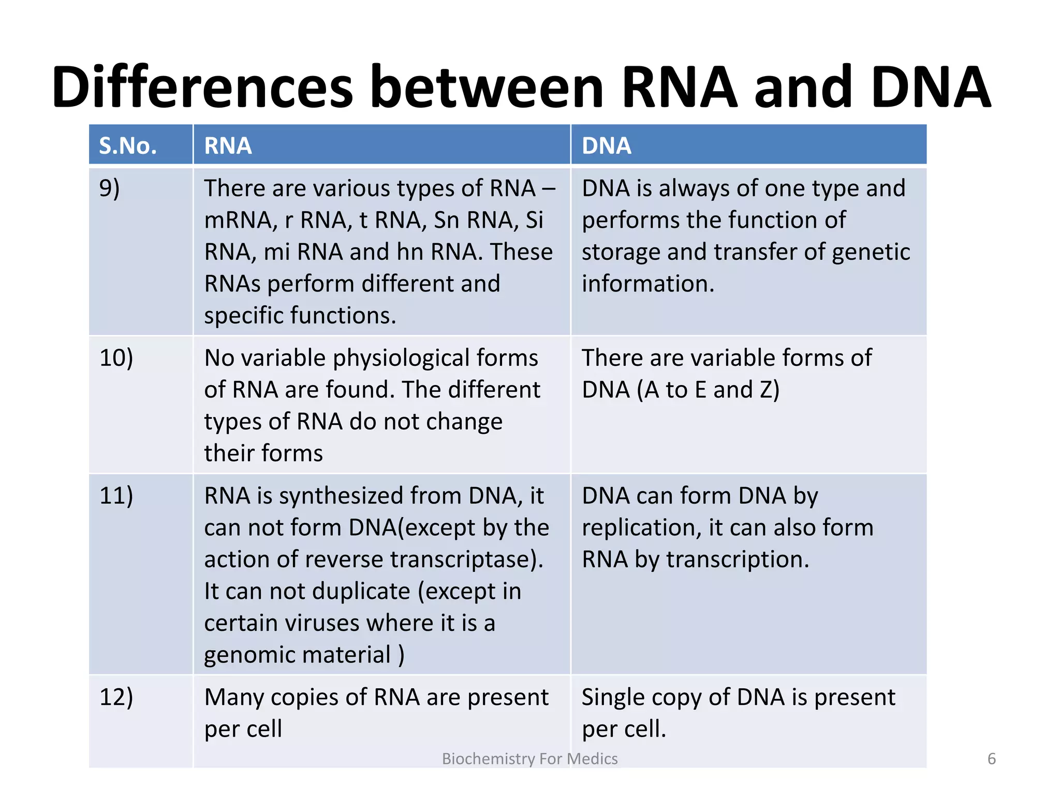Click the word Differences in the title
[x=202, y=87]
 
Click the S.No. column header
[x=128, y=146]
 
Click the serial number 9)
[x=109, y=188]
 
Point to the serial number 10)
[x=116, y=358]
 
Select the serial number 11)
[x=116, y=495]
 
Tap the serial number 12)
[x=116, y=697]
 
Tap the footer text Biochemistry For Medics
[x=529, y=759]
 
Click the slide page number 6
[x=991, y=759]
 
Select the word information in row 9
[x=647, y=284]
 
